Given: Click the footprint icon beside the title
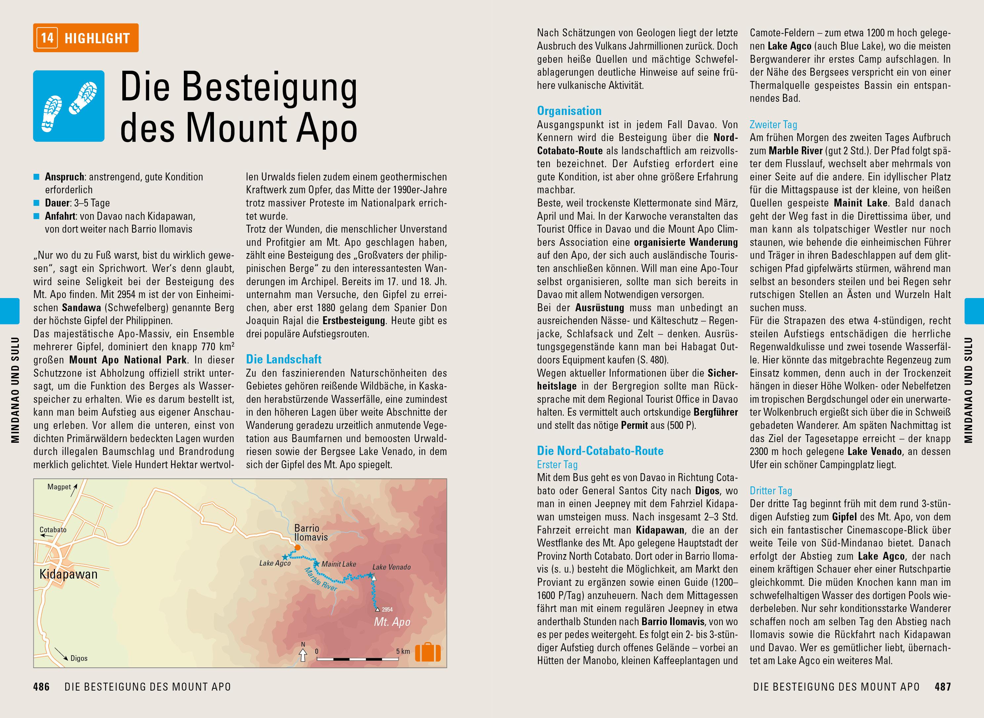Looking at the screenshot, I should (69, 106).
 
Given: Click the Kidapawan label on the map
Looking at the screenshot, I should (68, 574).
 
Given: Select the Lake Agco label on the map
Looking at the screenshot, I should (275, 563).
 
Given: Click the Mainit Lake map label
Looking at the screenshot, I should (339, 564).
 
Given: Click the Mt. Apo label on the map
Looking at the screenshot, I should (392, 622).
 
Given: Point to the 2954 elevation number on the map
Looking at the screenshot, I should (387, 609).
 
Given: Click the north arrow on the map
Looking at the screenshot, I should (303, 653).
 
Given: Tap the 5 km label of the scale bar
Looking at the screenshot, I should (403, 652).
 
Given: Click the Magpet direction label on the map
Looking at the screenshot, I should (59, 487).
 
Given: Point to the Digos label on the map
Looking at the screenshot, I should (79, 659).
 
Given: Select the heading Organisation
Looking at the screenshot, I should (569, 111).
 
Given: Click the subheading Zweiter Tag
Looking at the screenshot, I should (773, 125).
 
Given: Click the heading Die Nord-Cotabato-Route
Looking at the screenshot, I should (600, 451).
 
